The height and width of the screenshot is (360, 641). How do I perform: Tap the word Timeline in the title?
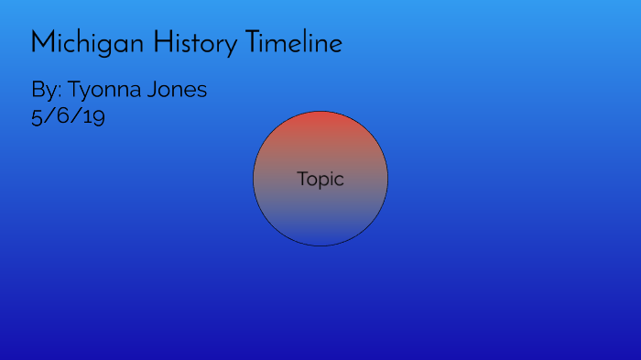pos(294,43)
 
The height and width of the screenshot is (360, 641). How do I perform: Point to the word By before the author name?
pos(43,91)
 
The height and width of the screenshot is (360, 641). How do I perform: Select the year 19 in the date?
pos(93,117)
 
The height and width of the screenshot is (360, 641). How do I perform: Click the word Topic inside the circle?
pos(320,180)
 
